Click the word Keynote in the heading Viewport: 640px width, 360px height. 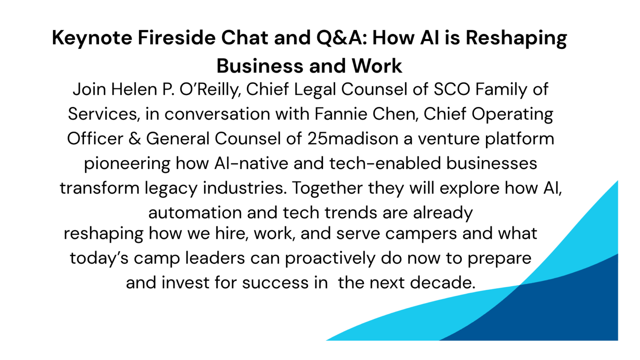(x=92, y=38)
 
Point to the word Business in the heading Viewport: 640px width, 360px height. (x=260, y=66)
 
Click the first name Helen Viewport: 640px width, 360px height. (x=134, y=89)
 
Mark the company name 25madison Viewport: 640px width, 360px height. (x=353, y=139)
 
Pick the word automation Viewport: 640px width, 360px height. (x=195, y=213)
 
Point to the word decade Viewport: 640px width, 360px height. (x=442, y=282)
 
